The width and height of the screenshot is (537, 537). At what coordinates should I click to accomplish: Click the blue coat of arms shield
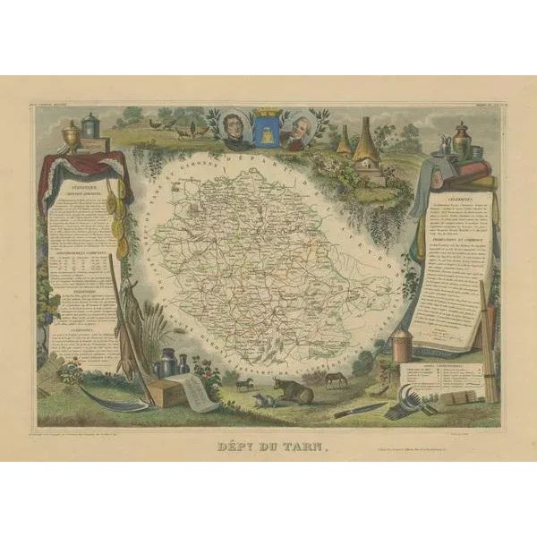[x=267, y=133]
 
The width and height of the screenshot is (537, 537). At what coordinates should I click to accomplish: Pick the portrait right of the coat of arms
[x=300, y=132]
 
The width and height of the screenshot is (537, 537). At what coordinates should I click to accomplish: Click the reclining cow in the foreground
[x=294, y=390]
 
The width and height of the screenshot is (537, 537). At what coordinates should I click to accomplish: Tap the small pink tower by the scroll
[x=402, y=345]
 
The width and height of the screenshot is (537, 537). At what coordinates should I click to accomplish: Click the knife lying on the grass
[x=358, y=410]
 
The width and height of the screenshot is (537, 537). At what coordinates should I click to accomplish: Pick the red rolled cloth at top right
[x=471, y=166]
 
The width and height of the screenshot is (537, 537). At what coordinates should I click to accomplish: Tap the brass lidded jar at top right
[x=461, y=139]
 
